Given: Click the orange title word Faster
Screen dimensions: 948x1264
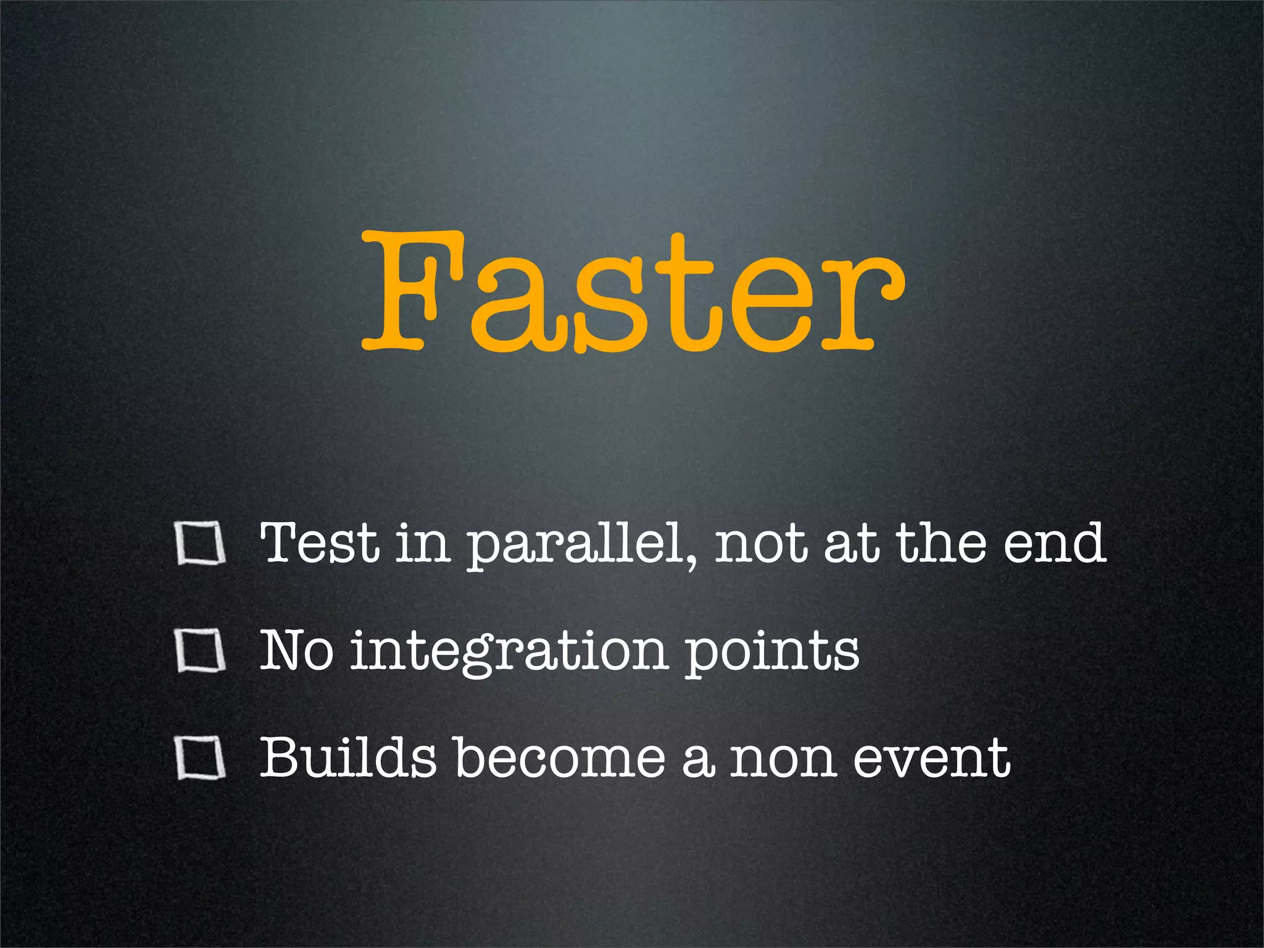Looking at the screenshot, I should click(x=632, y=290).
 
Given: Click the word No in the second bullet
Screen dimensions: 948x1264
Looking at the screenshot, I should click(x=297, y=651).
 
